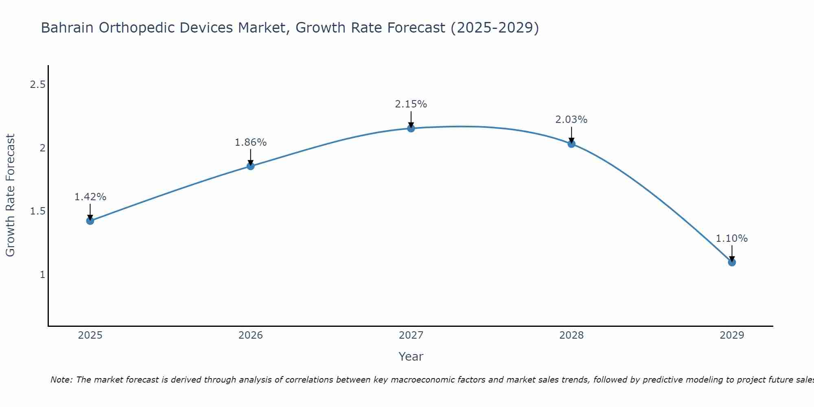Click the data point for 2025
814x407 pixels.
click(90, 221)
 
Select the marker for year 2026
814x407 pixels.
click(250, 166)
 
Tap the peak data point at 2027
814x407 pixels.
click(411, 128)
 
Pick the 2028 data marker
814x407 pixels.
click(571, 143)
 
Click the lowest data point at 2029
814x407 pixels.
click(732, 262)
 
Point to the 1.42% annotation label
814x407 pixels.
click(90, 197)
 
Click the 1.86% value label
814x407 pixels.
click(250, 142)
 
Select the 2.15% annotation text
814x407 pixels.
click(411, 104)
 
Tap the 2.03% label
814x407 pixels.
click(571, 120)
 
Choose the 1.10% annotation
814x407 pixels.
click(732, 239)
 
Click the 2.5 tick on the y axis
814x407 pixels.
click(37, 85)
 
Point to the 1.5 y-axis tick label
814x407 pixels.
click(37, 211)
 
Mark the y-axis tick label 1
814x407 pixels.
click(42, 275)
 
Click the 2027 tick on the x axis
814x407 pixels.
click(411, 335)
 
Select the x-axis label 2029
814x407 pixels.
click(732, 335)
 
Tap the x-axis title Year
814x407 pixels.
click(411, 357)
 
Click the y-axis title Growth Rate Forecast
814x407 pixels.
click(10, 195)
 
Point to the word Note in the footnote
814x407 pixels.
click(61, 380)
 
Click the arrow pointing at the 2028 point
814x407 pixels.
click(571, 134)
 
